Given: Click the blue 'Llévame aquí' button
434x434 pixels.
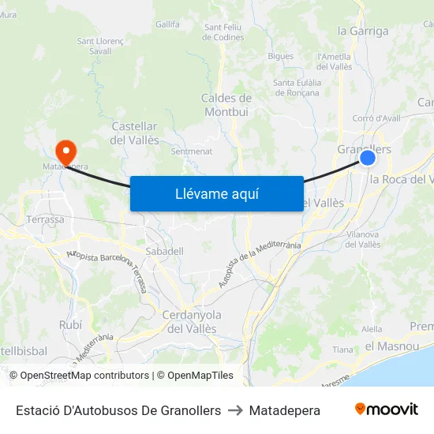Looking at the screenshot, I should (x=216, y=193).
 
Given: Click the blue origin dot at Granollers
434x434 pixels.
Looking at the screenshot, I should (x=368, y=158).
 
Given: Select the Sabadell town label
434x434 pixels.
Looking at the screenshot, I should (x=164, y=251).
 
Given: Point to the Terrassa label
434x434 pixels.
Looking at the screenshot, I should (x=45, y=219).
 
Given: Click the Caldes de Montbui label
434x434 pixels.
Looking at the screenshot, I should (x=226, y=105).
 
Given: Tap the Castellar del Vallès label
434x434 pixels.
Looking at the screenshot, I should (x=135, y=133).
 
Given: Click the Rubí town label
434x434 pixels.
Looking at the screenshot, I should (x=70, y=324).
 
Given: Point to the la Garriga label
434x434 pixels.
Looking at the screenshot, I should (x=363, y=32).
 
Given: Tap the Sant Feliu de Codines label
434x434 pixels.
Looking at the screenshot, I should (x=223, y=32).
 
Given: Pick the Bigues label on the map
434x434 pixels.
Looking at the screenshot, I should (x=280, y=56).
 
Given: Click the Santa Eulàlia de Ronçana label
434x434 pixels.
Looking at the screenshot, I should (x=296, y=88).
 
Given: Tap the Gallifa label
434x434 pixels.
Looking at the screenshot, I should (x=167, y=24).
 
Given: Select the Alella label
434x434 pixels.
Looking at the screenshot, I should (x=372, y=330).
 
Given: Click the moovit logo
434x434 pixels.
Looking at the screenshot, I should (x=386, y=410).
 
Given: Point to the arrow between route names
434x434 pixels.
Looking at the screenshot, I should (x=235, y=410).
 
